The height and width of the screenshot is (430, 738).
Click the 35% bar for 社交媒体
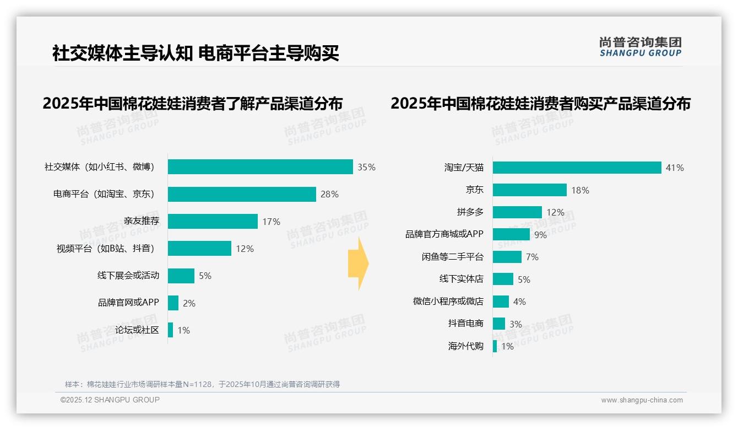(260, 167)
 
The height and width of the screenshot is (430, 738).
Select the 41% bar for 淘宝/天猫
(577, 168)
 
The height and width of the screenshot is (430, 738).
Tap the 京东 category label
(474, 190)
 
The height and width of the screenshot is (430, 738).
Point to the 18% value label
(580, 190)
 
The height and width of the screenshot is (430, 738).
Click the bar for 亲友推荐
(213, 221)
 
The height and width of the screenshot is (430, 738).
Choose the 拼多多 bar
(517, 212)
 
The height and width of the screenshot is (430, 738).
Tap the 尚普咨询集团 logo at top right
(640, 47)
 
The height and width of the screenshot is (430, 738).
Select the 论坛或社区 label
(137, 330)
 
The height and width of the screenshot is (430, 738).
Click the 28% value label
(329, 194)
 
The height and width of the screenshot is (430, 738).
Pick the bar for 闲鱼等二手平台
(507, 257)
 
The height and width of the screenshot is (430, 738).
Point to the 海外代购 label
(465, 346)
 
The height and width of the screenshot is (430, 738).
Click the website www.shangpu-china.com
(642, 400)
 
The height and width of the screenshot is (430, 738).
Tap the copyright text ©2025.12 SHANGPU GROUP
(110, 400)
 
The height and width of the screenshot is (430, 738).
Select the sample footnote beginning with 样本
(202, 384)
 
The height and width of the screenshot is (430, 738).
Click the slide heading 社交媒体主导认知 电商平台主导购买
(196, 53)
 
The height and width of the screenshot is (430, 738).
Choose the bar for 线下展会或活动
(181, 276)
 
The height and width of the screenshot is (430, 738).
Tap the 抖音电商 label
(465, 324)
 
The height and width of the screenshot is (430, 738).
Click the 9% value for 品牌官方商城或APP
(540, 235)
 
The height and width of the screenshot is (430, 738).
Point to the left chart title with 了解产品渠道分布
(193, 104)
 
